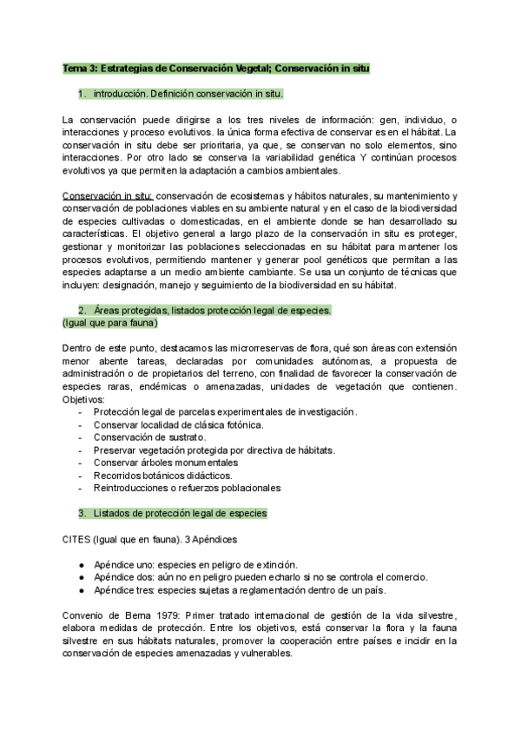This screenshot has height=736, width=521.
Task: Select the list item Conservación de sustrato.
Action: tap(146, 437)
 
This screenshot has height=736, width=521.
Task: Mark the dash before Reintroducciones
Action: tap(81, 488)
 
